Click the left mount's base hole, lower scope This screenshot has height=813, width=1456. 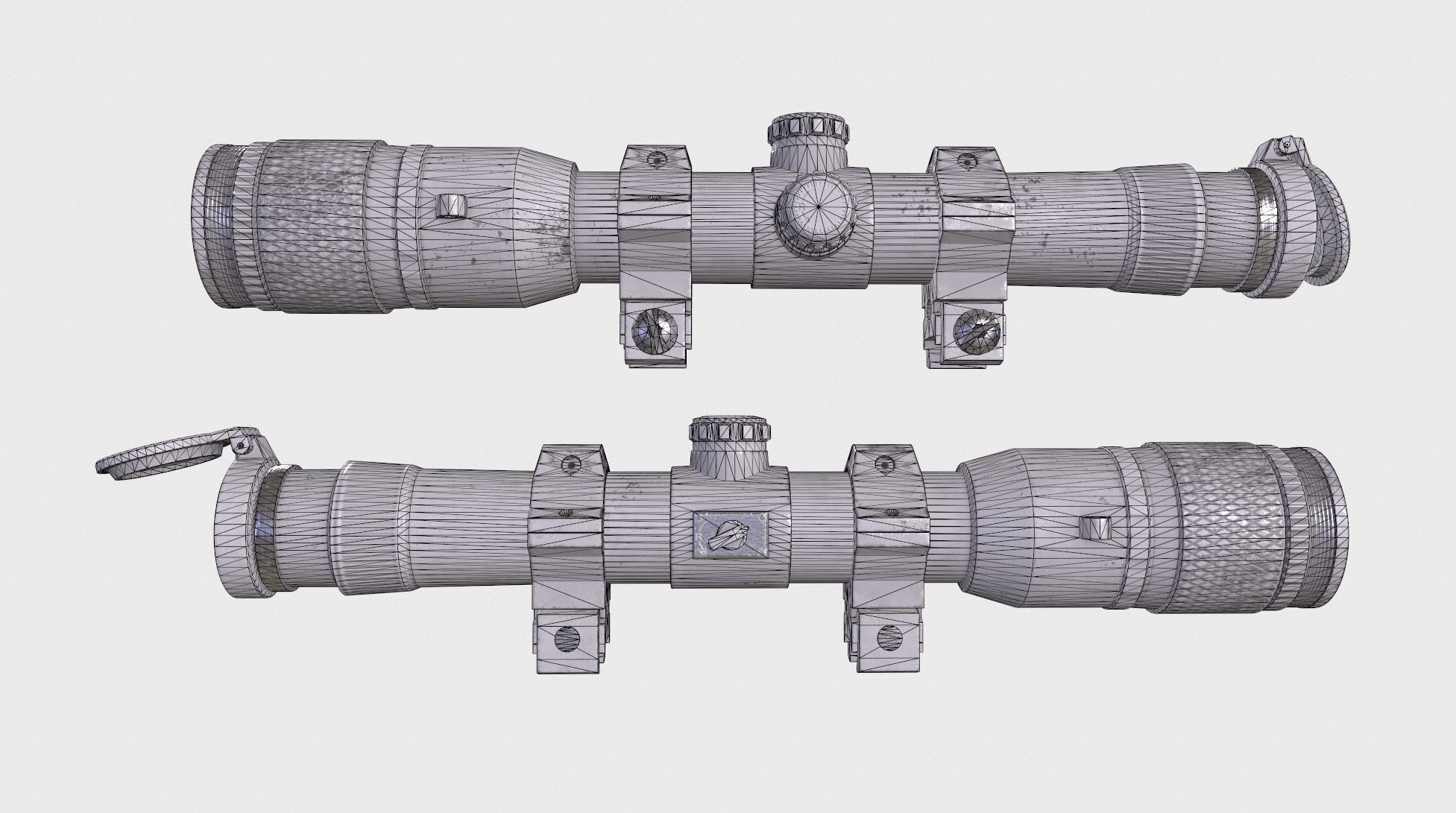568,639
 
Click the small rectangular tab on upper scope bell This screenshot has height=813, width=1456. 450,206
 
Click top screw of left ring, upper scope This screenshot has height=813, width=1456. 657,159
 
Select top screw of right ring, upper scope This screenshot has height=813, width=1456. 967,159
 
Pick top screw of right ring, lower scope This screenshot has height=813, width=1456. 885,465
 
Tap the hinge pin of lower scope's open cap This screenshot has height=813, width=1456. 241,445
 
